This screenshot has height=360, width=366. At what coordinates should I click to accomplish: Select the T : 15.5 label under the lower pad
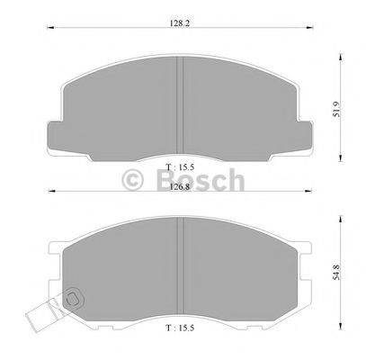pyautogui.click(x=183, y=335)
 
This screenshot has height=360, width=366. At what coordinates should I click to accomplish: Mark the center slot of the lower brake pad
pyautogui.click(x=183, y=270)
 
